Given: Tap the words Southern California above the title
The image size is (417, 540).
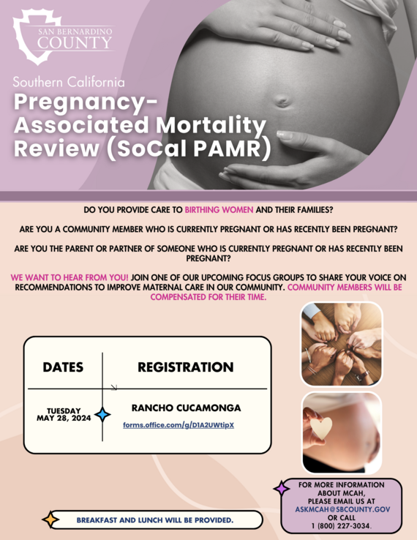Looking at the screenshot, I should tap(69, 82).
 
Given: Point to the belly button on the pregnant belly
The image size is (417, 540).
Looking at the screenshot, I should tap(282, 102).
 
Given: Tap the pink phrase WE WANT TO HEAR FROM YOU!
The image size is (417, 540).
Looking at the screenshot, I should tap(70, 278).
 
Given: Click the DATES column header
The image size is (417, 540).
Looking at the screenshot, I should tap(63, 367).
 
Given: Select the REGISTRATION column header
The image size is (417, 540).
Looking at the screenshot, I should tap(186, 367).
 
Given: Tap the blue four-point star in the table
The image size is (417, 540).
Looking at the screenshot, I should tap(102, 415).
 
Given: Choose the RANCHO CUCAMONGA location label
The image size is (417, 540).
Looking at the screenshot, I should tap(186, 408).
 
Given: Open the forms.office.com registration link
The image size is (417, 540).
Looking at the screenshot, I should tap(179, 425).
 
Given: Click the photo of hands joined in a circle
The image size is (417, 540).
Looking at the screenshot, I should tap(341, 344).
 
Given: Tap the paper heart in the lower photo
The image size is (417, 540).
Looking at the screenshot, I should tap(320, 428).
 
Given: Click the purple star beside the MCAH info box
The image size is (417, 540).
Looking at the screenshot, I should tap(281, 489).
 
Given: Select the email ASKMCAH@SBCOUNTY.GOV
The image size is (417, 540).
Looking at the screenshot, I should tap(342, 508).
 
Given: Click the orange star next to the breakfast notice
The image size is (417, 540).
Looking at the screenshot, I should tap(50, 520).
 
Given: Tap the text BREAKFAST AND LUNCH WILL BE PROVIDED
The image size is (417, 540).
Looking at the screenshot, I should tap(155, 520).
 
